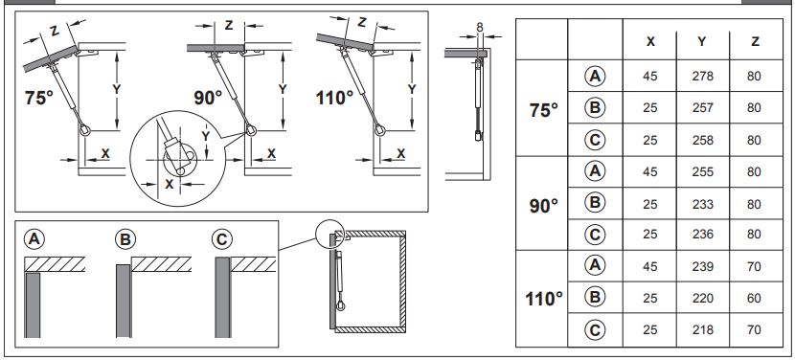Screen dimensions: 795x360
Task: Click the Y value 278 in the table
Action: [702, 76]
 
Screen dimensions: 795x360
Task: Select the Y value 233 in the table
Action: [702, 204]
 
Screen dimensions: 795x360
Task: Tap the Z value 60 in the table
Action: [754, 298]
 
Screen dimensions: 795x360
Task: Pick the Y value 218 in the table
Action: [702, 329]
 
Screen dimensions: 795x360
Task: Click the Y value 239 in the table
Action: [702, 266]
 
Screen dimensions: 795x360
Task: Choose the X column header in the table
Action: [650, 41]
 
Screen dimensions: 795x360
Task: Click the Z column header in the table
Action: [755, 41]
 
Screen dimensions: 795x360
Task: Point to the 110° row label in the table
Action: [543, 299]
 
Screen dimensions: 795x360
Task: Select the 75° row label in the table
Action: [543, 109]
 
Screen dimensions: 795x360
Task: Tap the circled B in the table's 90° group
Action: [595, 203]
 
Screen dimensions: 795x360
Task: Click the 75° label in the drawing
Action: [38, 98]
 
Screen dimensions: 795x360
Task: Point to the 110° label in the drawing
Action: [334, 98]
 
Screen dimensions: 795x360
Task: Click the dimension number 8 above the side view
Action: [480, 28]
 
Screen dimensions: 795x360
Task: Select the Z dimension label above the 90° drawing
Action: [229, 25]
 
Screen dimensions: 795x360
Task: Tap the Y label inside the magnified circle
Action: [205, 136]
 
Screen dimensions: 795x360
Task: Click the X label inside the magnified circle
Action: [170, 184]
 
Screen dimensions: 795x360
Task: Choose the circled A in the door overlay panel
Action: [34, 238]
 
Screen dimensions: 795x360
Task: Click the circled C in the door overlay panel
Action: [221, 238]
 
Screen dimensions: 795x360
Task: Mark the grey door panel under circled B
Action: [124, 301]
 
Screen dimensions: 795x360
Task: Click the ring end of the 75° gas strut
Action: [85, 130]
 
